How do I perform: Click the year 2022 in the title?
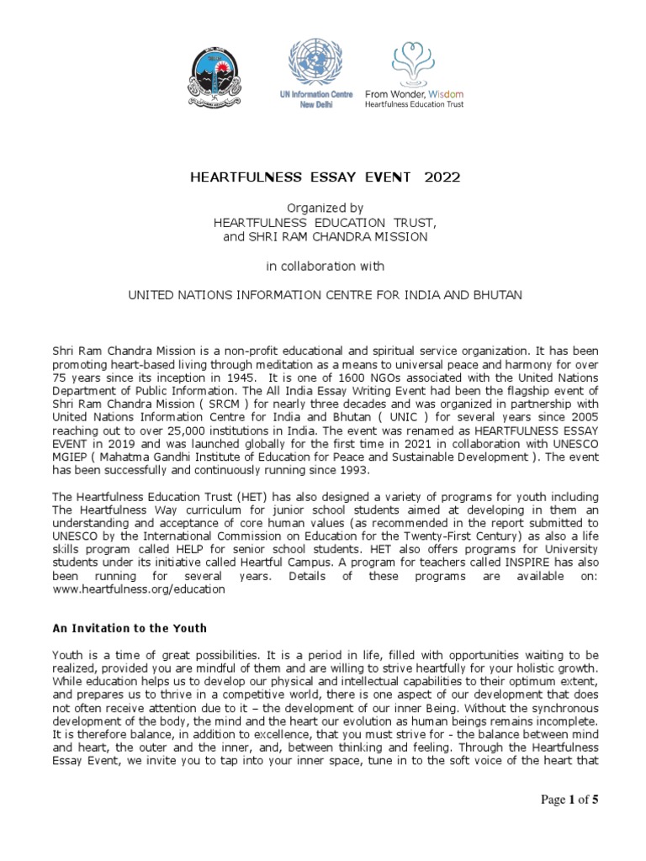442,177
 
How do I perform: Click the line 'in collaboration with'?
325,267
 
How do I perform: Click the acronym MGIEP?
72,457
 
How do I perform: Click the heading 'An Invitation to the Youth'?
130,628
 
